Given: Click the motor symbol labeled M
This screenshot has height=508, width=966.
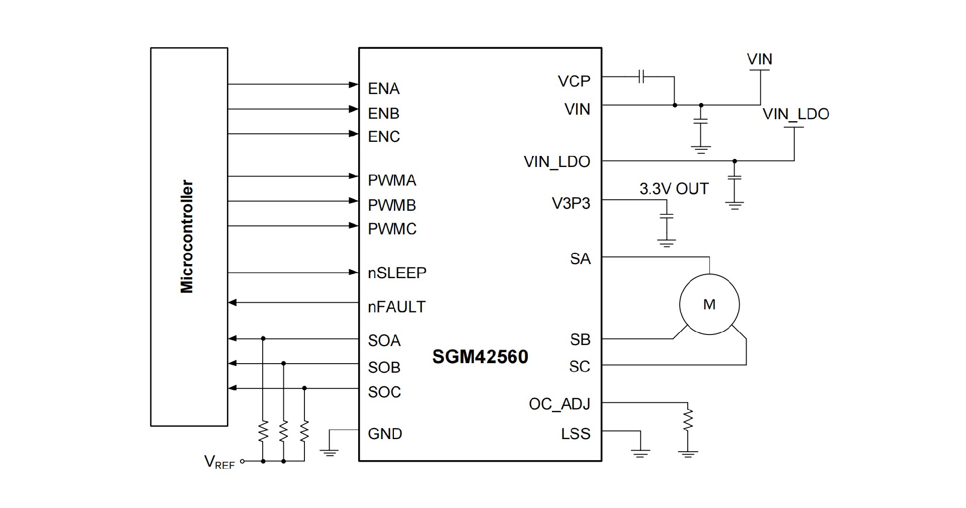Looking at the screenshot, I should tap(709, 304).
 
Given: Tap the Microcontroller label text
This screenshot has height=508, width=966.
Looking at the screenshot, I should tap(187, 236).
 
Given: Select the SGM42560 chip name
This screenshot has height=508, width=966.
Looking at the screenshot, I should tap(480, 357).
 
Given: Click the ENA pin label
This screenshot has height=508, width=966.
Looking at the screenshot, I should tap(383, 89).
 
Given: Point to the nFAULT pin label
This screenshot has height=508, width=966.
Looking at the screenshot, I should tap(396, 306).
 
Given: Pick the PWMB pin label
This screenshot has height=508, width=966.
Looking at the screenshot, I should tap(391, 205).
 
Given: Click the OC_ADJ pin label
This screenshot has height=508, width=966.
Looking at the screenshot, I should tap(559, 404).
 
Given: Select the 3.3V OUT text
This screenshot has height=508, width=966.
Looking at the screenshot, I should tap(674, 189).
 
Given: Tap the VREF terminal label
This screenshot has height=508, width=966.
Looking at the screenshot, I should tap(219, 462).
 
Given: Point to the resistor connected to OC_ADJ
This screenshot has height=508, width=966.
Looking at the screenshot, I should tap(688, 420).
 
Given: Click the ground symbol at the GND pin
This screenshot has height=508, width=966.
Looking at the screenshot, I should tap(330, 452).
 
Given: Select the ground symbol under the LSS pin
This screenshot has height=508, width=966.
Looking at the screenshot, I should tap(640, 453).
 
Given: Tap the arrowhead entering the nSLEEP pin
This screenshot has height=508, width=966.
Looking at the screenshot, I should tap(354, 273).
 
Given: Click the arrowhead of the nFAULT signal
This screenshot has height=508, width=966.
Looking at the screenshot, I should tap(232, 302).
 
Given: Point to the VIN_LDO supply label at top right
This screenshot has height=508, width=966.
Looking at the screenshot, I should tap(795, 114).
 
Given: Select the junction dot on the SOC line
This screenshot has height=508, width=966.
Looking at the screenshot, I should tap(304, 388).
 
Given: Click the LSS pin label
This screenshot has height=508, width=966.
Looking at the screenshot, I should tap(575, 434).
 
